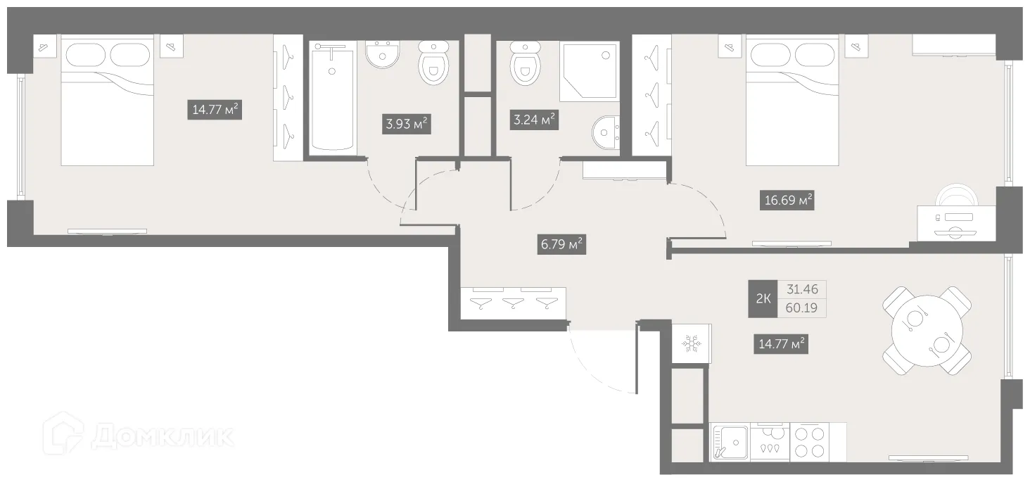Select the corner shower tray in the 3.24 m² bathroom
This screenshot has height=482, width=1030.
pyautogui.click(x=590, y=71)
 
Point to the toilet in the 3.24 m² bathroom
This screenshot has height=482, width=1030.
pyautogui.click(x=524, y=63)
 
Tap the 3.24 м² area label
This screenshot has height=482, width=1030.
pyautogui.click(x=534, y=120)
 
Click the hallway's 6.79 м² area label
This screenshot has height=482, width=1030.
pyautogui.click(x=561, y=246)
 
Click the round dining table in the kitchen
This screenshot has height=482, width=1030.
pyautogui.click(x=926, y=330)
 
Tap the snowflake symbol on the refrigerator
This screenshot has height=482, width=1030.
pyautogui.click(x=691, y=344)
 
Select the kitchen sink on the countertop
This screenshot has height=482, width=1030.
pyautogui.click(x=731, y=442)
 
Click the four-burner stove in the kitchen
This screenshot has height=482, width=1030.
pyautogui.click(x=809, y=442)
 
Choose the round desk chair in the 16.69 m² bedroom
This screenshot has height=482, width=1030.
pyautogui.click(x=956, y=197)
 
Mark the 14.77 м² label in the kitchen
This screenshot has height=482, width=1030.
pyautogui.click(x=781, y=345)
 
